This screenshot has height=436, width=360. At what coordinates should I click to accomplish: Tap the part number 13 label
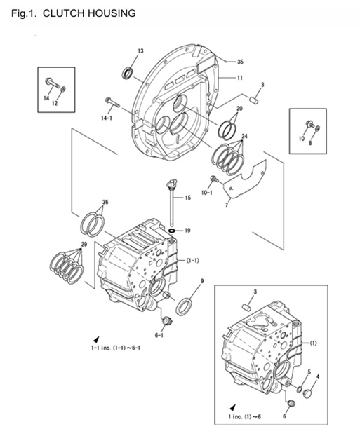click(140, 51)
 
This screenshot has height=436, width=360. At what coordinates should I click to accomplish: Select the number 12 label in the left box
click(55, 104)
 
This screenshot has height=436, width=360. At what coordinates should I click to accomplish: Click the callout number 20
click(239, 109)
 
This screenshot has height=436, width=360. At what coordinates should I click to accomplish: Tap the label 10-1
click(207, 191)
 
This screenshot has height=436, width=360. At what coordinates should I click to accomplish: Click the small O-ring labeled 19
click(171, 230)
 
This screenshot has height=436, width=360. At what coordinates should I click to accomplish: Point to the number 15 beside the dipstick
click(187, 198)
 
